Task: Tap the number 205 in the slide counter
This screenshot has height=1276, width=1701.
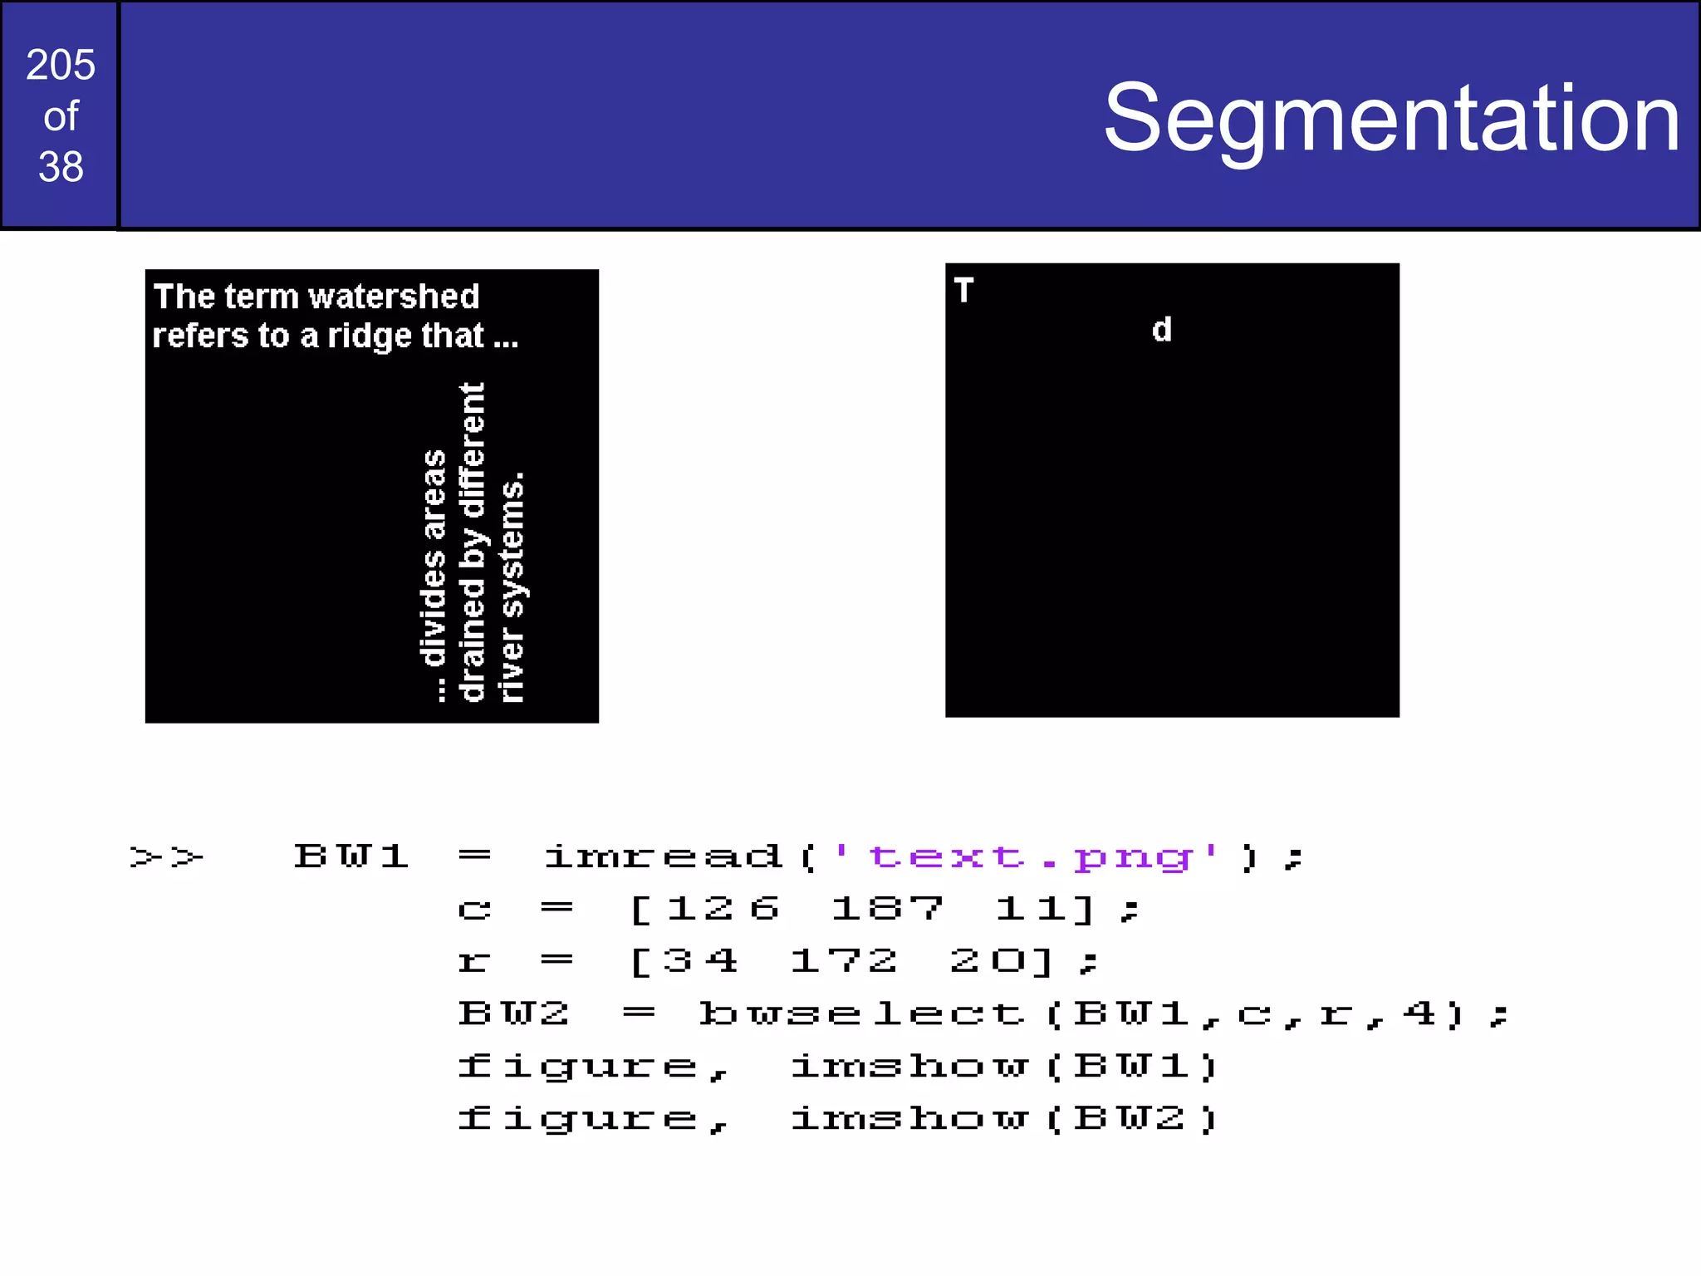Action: (x=61, y=65)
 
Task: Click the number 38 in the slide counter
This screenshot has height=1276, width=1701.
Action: (x=61, y=167)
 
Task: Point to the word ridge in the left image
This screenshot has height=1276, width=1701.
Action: (x=370, y=336)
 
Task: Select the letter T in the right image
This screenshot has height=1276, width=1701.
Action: (x=963, y=291)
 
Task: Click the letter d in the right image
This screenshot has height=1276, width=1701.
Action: (x=1161, y=331)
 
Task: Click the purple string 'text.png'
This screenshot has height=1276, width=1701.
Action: (x=1027, y=856)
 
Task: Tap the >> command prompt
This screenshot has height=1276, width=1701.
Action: (x=167, y=856)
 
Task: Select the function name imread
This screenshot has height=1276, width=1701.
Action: (x=663, y=856)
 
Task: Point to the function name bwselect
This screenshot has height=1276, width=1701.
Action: (x=861, y=1014)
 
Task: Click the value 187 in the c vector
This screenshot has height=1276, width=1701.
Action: (x=887, y=909)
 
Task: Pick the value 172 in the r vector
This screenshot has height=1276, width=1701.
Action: (x=844, y=962)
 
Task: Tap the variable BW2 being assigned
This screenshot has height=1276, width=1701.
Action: (x=513, y=1014)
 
